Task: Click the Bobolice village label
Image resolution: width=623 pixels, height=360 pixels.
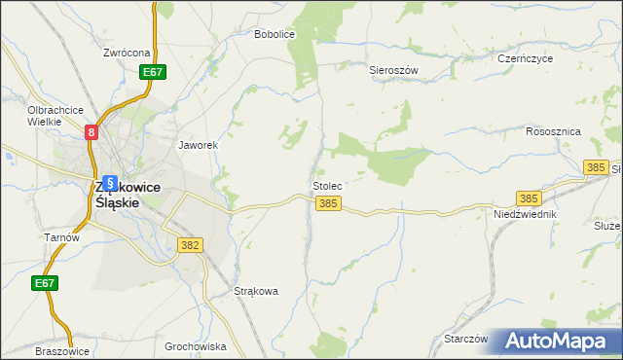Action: (x=274, y=33)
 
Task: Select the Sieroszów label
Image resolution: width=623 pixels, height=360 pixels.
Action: (x=393, y=70)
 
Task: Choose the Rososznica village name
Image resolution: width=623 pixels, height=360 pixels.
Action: (x=553, y=130)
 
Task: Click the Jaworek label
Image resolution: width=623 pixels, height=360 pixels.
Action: (x=197, y=145)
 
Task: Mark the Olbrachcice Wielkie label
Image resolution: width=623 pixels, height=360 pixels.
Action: (x=55, y=116)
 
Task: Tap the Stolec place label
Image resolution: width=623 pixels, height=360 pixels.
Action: (x=326, y=185)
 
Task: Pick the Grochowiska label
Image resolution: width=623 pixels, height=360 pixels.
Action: (x=196, y=346)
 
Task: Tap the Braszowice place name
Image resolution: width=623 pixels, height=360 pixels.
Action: (x=62, y=351)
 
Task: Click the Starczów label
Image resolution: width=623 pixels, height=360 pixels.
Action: (x=465, y=339)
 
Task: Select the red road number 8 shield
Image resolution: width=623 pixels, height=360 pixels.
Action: (x=92, y=132)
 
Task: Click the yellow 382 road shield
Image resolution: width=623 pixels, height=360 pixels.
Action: (x=191, y=245)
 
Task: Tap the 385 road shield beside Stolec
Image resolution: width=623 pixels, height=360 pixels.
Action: (x=329, y=203)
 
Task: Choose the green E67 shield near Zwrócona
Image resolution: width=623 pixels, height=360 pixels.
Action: (x=153, y=72)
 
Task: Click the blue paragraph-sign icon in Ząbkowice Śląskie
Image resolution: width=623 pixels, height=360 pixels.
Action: (x=110, y=182)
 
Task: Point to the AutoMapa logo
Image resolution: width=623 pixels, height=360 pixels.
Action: (x=558, y=341)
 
